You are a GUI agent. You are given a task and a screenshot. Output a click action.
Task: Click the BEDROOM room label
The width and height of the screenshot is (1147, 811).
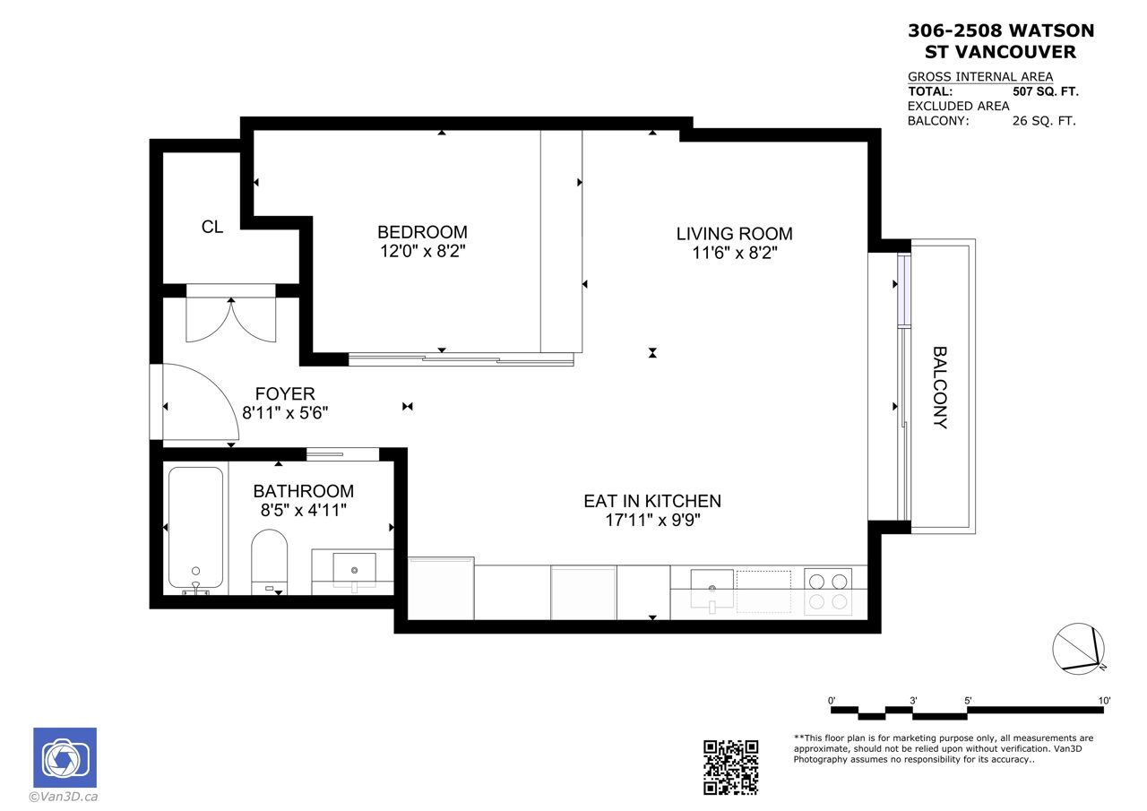(422, 232)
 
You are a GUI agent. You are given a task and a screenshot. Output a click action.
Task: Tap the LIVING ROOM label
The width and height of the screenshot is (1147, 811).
(734, 234)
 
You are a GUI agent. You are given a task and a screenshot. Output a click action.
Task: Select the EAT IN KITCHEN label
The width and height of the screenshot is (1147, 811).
(652, 501)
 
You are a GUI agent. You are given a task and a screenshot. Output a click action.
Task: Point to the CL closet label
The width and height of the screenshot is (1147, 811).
(212, 227)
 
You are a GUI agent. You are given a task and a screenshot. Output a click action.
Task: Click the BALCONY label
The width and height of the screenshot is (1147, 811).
(940, 387)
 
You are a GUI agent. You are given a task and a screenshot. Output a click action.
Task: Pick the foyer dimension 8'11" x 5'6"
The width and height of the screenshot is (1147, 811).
(285, 412)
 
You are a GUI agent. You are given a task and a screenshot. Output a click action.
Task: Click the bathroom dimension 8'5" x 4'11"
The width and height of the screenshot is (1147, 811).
(304, 510)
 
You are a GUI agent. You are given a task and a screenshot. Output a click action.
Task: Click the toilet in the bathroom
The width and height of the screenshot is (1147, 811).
(270, 562)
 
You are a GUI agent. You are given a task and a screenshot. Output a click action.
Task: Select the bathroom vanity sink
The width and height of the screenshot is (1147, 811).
(354, 568)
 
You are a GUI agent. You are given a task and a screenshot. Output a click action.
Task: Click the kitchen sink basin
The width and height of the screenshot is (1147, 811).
(711, 589)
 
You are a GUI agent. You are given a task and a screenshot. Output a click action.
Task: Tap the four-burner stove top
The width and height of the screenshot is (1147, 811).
(828, 591)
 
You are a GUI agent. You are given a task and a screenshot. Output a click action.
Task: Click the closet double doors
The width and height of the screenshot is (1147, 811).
(231, 320)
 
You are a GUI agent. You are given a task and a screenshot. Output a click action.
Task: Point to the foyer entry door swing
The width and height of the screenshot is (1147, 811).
(201, 401)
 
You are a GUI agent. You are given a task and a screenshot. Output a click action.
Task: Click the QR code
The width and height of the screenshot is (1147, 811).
(730, 767)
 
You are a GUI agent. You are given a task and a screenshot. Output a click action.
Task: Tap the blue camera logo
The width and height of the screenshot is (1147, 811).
(65, 757)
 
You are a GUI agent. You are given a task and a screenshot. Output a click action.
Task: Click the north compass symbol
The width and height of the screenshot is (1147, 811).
(1078, 649)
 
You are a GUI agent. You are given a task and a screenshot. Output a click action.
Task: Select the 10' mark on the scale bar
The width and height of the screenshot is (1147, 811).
(1104, 701)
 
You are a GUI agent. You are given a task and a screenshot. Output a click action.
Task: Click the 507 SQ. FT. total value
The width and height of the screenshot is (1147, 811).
(1046, 91)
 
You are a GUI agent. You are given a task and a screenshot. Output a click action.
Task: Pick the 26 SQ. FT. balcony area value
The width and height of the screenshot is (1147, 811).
(1044, 121)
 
